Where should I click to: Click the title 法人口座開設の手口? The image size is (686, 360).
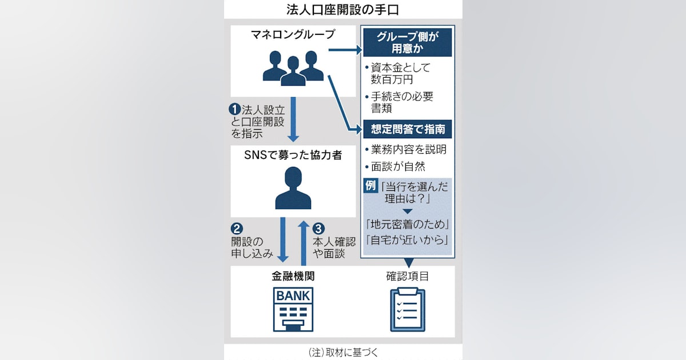tap(343, 10)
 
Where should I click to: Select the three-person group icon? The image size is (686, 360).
tap(293, 66)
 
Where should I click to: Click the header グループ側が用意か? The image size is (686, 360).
tap(407, 43)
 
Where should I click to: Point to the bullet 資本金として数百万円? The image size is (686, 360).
tap(400, 73)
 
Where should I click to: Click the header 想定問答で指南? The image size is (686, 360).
tap(407, 130)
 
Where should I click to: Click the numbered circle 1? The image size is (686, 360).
tap(233, 108)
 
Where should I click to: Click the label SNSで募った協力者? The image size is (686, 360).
tap(293, 155)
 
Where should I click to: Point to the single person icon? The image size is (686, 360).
tap(293, 188)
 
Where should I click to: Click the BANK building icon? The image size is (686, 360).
tap(293, 309)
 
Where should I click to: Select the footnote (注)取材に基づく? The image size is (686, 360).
tap(343, 353)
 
